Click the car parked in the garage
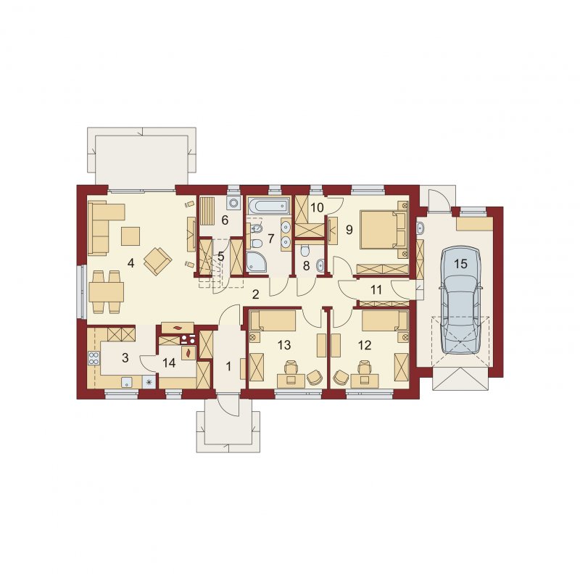point(460,302)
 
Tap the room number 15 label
point(460,264)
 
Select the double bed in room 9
point(384,230)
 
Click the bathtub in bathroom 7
point(268,206)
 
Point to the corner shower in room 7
point(255,262)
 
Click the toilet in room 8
point(304,251)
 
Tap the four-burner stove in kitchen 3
point(94,358)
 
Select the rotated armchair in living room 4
point(158,261)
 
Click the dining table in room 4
point(106,292)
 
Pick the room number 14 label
point(169,362)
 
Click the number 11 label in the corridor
point(376,289)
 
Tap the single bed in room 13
point(273,320)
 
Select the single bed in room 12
point(385,320)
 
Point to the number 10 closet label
point(317,207)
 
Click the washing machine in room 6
point(233,203)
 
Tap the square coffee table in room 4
point(130,236)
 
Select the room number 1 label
point(228,367)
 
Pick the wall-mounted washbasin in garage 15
point(420,228)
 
